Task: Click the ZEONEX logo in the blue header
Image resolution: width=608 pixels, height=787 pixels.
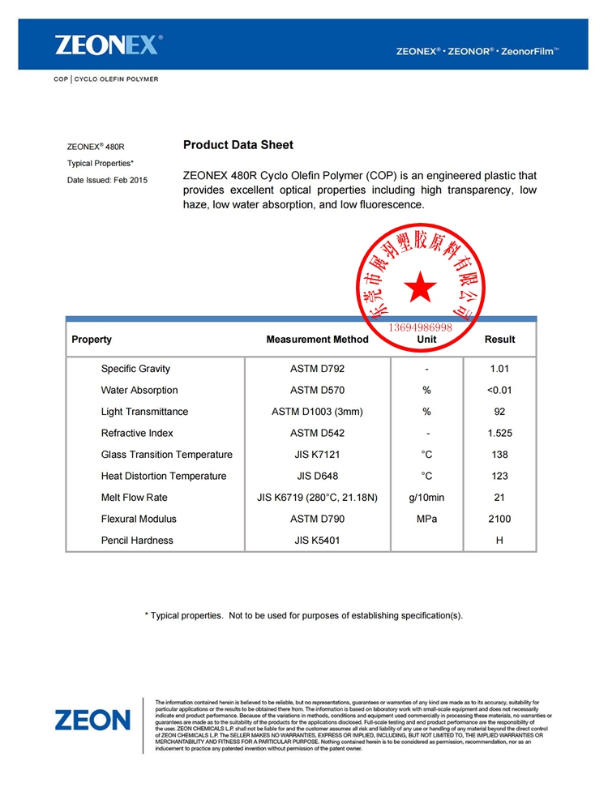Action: (x=109, y=45)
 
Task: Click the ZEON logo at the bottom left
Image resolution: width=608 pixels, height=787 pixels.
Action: (x=92, y=719)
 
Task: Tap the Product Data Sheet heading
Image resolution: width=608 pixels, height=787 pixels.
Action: (x=238, y=145)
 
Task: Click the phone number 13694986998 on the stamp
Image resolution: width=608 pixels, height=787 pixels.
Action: (x=421, y=327)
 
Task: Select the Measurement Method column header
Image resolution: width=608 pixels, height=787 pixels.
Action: (x=317, y=340)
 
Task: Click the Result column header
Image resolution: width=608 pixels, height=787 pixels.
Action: (x=499, y=340)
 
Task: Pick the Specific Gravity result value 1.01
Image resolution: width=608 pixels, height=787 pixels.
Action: (x=499, y=369)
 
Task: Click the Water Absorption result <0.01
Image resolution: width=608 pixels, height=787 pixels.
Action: (x=499, y=390)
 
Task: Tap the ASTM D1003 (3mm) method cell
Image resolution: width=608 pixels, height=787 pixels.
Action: (x=317, y=412)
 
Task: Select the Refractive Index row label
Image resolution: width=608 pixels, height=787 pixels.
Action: (x=137, y=433)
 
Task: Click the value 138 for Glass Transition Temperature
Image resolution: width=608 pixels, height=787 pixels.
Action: (x=499, y=455)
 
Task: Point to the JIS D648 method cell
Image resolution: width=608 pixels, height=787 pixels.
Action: (x=317, y=476)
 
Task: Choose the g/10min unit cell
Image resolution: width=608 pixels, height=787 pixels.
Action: (x=426, y=498)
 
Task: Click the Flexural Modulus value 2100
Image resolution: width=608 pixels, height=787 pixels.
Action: (x=499, y=519)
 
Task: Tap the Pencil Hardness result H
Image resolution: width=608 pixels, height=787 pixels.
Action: (x=499, y=541)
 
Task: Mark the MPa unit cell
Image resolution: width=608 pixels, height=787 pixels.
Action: (x=426, y=519)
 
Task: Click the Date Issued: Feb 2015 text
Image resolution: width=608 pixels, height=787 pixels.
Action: (x=107, y=180)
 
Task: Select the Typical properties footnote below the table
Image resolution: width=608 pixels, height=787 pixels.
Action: (x=304, y=615)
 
